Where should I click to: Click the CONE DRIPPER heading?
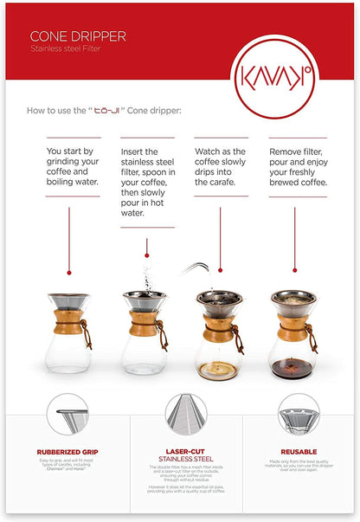coord(78,37)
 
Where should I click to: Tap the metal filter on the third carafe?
coord(220,300)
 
